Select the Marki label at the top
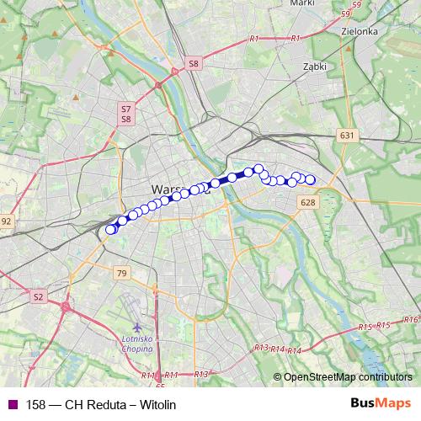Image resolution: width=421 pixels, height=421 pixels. click(x=301, y=3)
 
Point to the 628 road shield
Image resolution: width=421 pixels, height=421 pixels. click(x=307, y=202)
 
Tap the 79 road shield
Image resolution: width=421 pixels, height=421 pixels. click(x=122, y=273)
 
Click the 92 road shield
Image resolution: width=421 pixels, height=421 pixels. click(x=6, y=221)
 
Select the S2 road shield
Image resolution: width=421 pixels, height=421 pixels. click(x=38, y=296)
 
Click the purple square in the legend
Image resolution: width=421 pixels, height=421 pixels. click(x=11, y=404)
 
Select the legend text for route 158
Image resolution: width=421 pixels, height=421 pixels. click(x=101, y=404)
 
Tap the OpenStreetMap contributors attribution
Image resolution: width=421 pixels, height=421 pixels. click(x=347, y=376)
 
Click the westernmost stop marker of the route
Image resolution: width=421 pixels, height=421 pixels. click(x=109, y=230)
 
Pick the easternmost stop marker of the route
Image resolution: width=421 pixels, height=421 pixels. click(x=310, y=179)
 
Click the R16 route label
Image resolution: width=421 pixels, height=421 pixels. click(x=411, y=319)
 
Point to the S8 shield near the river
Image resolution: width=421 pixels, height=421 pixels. click(x=193, y=63)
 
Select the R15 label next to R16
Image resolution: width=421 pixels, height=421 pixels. click(x=384, y=324)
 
